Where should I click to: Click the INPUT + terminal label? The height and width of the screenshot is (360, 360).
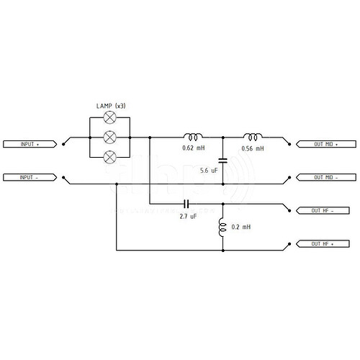(x=30, y=144)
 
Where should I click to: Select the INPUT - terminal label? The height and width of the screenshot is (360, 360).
(x=30, y=178)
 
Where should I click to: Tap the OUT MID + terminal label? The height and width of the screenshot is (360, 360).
(x=326, y=144)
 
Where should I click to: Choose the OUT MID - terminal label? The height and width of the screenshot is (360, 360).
(x=326, y=178)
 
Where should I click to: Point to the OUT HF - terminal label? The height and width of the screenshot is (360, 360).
(x=323, y=211)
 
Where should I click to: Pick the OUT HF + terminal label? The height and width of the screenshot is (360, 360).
(x=323, y=244)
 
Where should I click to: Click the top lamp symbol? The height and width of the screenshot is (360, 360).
(x=109, y=117)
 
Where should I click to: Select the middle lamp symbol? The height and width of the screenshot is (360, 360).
(x=109, y=138)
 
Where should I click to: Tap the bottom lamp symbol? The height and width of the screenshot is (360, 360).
(x=109, y=157)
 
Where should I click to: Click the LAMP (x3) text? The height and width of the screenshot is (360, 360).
(x=111, y=106)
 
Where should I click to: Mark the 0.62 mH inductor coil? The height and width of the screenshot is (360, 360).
(x=193, y=137)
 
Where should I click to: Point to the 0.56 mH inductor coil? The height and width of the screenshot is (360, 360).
(x=253, y=137)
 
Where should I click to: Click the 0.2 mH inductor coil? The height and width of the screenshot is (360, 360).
(x=222, y=228)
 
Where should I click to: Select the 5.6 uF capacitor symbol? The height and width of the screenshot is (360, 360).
(x=223, y=161)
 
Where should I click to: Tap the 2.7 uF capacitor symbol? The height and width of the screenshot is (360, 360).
(x=186, y=204)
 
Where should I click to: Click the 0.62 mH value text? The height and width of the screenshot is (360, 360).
(x=194, y=148)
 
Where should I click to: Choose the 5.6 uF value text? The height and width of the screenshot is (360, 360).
(x=209, y=171)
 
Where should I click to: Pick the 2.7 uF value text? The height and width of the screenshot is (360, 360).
(x=188, y=217)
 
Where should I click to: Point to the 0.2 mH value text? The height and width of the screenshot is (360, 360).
(x=241, y=227)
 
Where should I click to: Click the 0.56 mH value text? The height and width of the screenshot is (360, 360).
(x=253, y=148)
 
